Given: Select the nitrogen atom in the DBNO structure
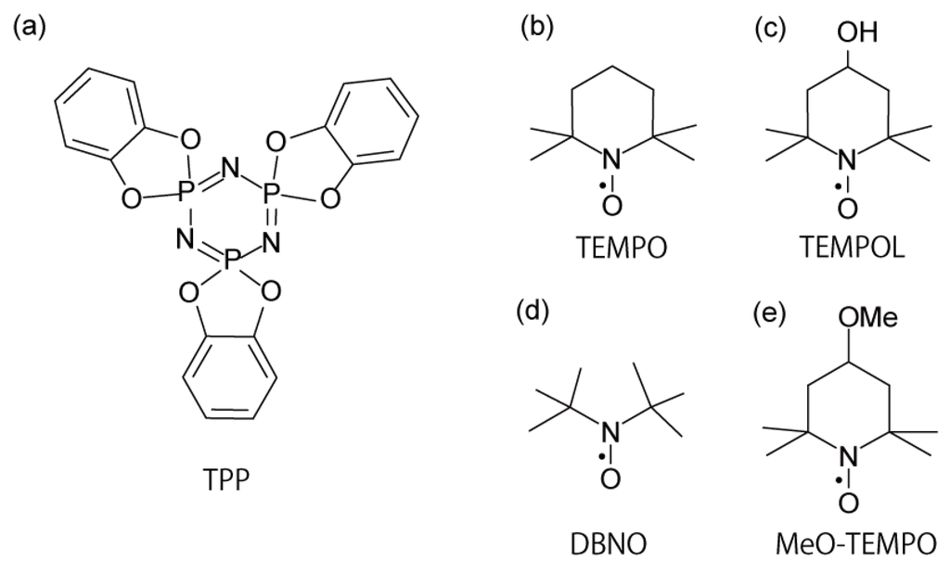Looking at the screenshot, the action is coord(610,429).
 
